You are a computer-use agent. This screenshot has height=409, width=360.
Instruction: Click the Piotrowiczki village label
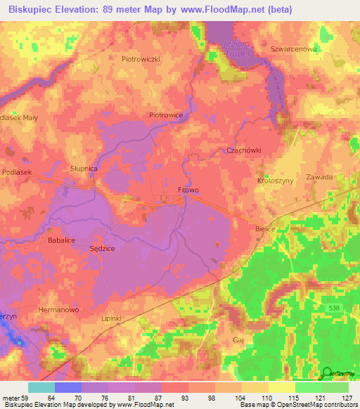[142, 59]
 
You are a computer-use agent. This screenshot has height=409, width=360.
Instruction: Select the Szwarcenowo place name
[295, 50]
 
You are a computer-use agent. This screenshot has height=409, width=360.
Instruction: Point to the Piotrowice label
[166, 115]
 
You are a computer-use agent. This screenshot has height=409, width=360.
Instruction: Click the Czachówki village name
[244, 150]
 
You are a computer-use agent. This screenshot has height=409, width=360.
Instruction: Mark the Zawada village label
[319, 177]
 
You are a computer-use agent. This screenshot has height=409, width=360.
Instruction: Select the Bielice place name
[264, 229]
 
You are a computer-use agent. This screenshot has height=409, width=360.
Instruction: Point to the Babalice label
[61, 240]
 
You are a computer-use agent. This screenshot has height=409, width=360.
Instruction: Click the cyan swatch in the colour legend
[41, 387]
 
